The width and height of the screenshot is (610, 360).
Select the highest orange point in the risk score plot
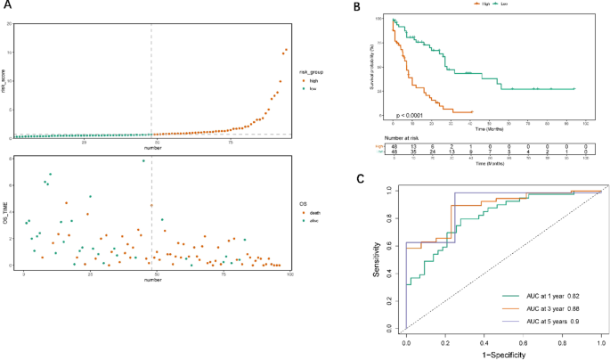[286, 50]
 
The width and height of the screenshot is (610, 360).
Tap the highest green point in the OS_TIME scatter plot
[142, 160]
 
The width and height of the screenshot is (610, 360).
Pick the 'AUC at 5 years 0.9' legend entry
[546, 322]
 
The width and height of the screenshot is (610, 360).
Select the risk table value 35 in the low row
[412, 152]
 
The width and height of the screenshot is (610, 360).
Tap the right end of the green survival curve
[574, 88]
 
